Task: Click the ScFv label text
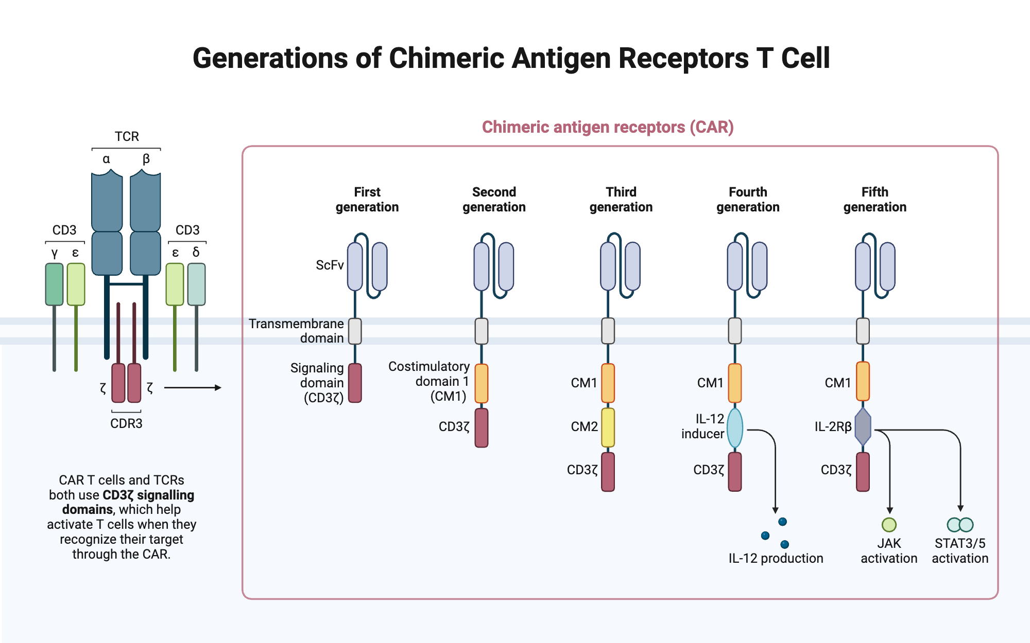[x=330, y=265]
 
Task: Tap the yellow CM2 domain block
[x=608, y=427]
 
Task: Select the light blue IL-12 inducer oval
[x=735, y=427]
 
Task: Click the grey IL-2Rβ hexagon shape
[x=863, y=426]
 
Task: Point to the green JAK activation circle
[x=889, y=525]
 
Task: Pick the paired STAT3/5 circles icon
[x=960, y=525]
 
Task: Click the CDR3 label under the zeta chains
[x=126, y=423]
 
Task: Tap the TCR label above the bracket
[x=127, y=136]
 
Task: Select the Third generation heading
[x=621, y=200]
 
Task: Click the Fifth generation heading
[x=875, y=200]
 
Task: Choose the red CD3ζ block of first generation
[x=355, y=383]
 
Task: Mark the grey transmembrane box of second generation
[x=482, y=331]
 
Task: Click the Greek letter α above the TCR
[x=106, y=159]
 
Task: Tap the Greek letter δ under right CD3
[x=196, y=252]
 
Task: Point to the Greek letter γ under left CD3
[x=55, y=253]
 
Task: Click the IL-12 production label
[x=776, y=558]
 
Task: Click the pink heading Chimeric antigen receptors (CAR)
[x=608, y=127]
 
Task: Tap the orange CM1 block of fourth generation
[x=735, y=383]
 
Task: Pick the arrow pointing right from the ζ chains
[x=193, y=388]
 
